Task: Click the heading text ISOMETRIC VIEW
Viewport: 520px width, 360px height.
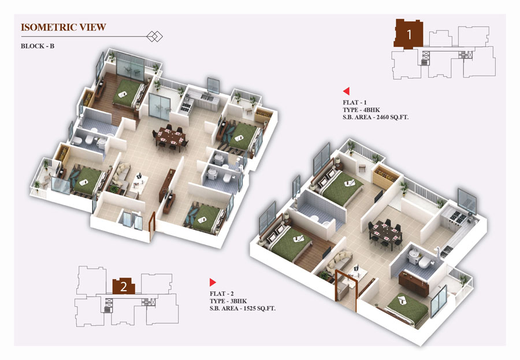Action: click(x=64, y=27)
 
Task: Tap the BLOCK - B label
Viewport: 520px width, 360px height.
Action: click(x=38, y=46)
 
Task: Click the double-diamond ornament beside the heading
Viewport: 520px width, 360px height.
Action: click(x=154, y=36)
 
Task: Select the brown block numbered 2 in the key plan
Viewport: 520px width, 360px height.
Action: click(x=124, y=286)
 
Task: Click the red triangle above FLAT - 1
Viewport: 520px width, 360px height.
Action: click(x=346, y=91)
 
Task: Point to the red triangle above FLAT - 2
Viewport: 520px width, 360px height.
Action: click(x=213, y=283)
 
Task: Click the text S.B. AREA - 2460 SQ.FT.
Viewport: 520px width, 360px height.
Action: click(x=376, y=117)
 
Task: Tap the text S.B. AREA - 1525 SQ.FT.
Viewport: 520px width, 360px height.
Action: click(x=243, y=308)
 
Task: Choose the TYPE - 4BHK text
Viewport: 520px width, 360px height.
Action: click(x=362, y=110)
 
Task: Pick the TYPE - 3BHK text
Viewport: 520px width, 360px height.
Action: click(x=228, y=301)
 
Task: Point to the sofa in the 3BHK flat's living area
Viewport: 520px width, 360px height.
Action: click(x=337, y=261)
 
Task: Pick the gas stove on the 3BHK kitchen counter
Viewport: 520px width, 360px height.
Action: click(x=458, y=218)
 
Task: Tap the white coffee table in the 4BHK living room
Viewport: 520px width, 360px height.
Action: click(x=139, y=182)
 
